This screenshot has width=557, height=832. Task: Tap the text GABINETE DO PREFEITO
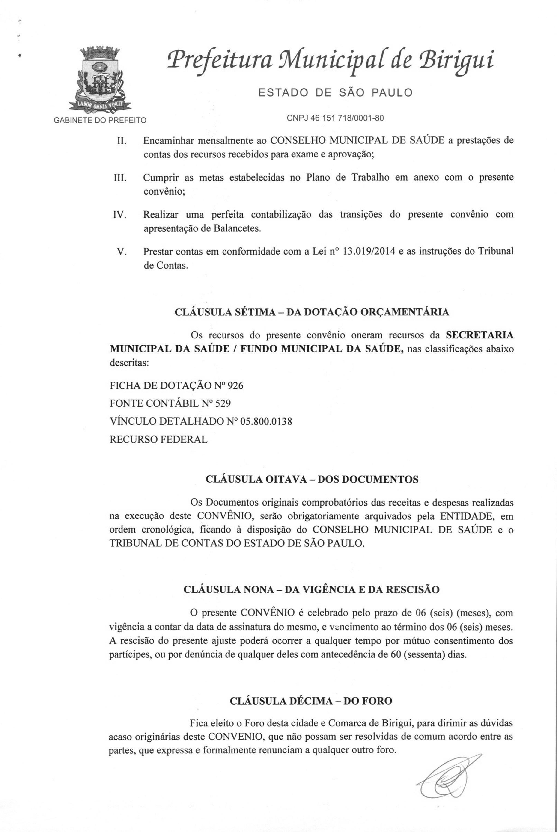[100, 120]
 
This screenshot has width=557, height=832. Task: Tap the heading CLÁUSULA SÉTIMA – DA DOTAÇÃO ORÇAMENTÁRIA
[312, 312]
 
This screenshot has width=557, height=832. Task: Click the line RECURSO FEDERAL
[158, 440]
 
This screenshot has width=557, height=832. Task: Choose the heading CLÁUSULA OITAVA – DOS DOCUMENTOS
[312, 479]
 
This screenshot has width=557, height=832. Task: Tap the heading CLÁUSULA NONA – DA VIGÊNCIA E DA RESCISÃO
[312, 589]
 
